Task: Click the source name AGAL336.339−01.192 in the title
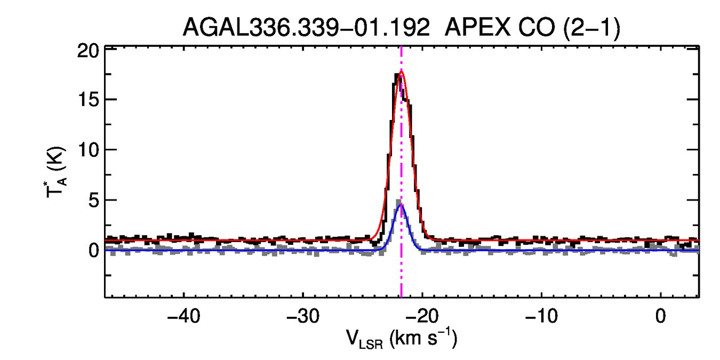click(306, 27)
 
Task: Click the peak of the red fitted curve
click(401, 71)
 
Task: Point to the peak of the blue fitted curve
click(401, 204)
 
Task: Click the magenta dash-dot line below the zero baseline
click(401, 277)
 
